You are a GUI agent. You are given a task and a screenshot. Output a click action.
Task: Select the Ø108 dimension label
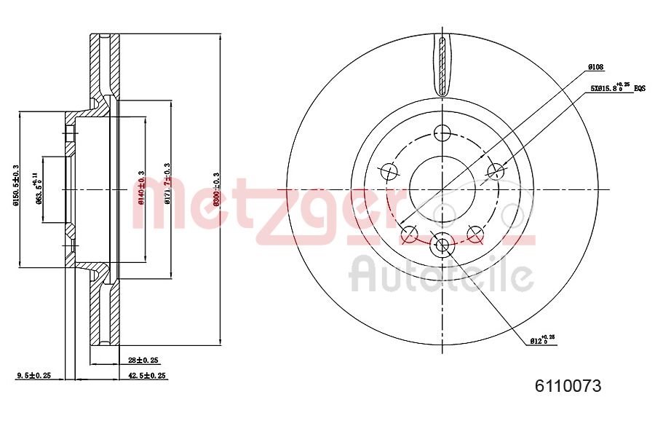(596, 67)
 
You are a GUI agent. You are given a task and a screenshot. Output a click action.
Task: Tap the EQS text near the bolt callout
(640, 88)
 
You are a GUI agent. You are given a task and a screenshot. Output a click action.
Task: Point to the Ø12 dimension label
(541, 340)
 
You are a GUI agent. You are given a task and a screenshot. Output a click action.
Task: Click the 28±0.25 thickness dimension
(143, 360)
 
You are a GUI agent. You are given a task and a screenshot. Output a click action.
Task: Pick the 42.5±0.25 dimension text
(147, 376)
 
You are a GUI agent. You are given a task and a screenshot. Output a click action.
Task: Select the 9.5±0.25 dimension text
(33, 376)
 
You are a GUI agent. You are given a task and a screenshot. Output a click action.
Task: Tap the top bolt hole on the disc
(442, 133)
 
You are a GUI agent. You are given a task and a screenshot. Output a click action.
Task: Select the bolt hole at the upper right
(495, 172)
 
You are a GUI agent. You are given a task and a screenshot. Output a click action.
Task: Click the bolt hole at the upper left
(389, 172)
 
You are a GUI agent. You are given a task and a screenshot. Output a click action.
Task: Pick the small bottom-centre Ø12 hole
(442, 245)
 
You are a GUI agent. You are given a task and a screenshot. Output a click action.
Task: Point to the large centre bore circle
(442, 189)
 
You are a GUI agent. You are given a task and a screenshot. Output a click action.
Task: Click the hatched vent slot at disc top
(442, 64)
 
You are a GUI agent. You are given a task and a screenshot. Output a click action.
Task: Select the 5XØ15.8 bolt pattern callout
(608, 89)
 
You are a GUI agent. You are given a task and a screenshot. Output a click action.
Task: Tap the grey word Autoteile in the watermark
(442, 275)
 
